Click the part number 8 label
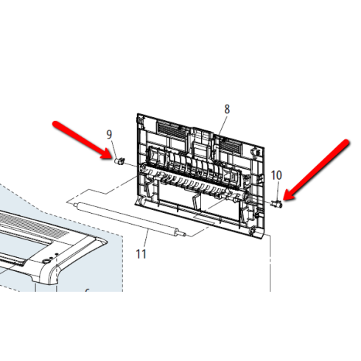point(227,109)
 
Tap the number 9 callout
point(109,135)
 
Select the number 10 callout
point(276,175)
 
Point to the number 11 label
point(141,254)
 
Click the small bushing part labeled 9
point(119,161)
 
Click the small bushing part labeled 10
point(277,203)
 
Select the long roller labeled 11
point(129,218)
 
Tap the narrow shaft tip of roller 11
point(185,235)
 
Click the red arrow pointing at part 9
point(83,140)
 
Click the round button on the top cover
point(46,261)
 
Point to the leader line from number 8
point(222,125)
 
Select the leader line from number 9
point(115,149)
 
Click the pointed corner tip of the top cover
point(105,242)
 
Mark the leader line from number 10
point(278,191)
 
